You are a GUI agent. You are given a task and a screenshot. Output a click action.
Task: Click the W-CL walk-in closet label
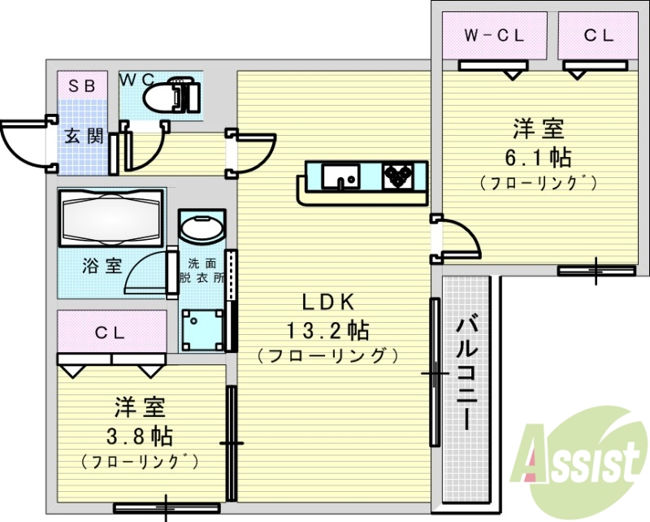[493, 36]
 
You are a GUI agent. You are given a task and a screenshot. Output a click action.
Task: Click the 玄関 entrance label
[84, 136]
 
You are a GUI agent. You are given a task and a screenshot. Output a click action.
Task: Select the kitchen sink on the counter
[339, 176]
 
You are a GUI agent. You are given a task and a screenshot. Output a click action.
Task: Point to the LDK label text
[328, 302]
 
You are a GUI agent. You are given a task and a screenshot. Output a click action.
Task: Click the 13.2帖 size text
[328, 330]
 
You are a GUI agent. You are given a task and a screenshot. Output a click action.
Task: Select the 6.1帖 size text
[538, 155]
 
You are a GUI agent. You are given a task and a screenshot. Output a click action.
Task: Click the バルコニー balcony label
[466, 374]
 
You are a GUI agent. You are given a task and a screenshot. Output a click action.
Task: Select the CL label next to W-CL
[597, 36]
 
